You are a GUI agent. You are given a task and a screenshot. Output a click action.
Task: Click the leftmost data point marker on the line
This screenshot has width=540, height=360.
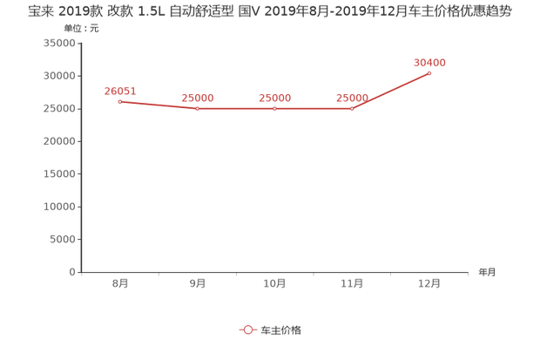(120, 101)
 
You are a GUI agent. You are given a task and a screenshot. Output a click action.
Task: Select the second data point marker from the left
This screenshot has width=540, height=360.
(198, 109)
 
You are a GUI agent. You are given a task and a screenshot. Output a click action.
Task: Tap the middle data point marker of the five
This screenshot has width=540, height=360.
(275, 109)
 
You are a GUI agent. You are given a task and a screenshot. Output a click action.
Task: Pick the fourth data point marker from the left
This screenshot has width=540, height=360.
(352, 109)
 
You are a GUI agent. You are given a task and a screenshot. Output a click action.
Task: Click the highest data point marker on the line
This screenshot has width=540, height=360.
(430, 72)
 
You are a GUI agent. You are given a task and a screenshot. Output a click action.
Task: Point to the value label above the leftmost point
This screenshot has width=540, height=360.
(120, 90)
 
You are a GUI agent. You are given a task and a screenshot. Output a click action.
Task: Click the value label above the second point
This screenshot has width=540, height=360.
(198, 97)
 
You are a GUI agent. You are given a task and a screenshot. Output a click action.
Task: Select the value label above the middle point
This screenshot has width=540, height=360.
(275, 97)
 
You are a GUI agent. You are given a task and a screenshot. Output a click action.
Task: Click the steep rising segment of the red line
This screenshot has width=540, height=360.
(391, 91)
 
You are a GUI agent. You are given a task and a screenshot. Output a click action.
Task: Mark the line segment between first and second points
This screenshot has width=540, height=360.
(159, 105)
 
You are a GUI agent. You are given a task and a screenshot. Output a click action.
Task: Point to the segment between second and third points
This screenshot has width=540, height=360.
(236, 109)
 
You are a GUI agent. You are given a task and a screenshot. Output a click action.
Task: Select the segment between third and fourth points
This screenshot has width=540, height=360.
(314, 109)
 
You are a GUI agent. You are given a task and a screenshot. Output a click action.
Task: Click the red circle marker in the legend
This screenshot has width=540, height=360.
(248, 329)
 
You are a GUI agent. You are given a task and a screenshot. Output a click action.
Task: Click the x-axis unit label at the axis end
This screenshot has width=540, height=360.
(485, 272)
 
